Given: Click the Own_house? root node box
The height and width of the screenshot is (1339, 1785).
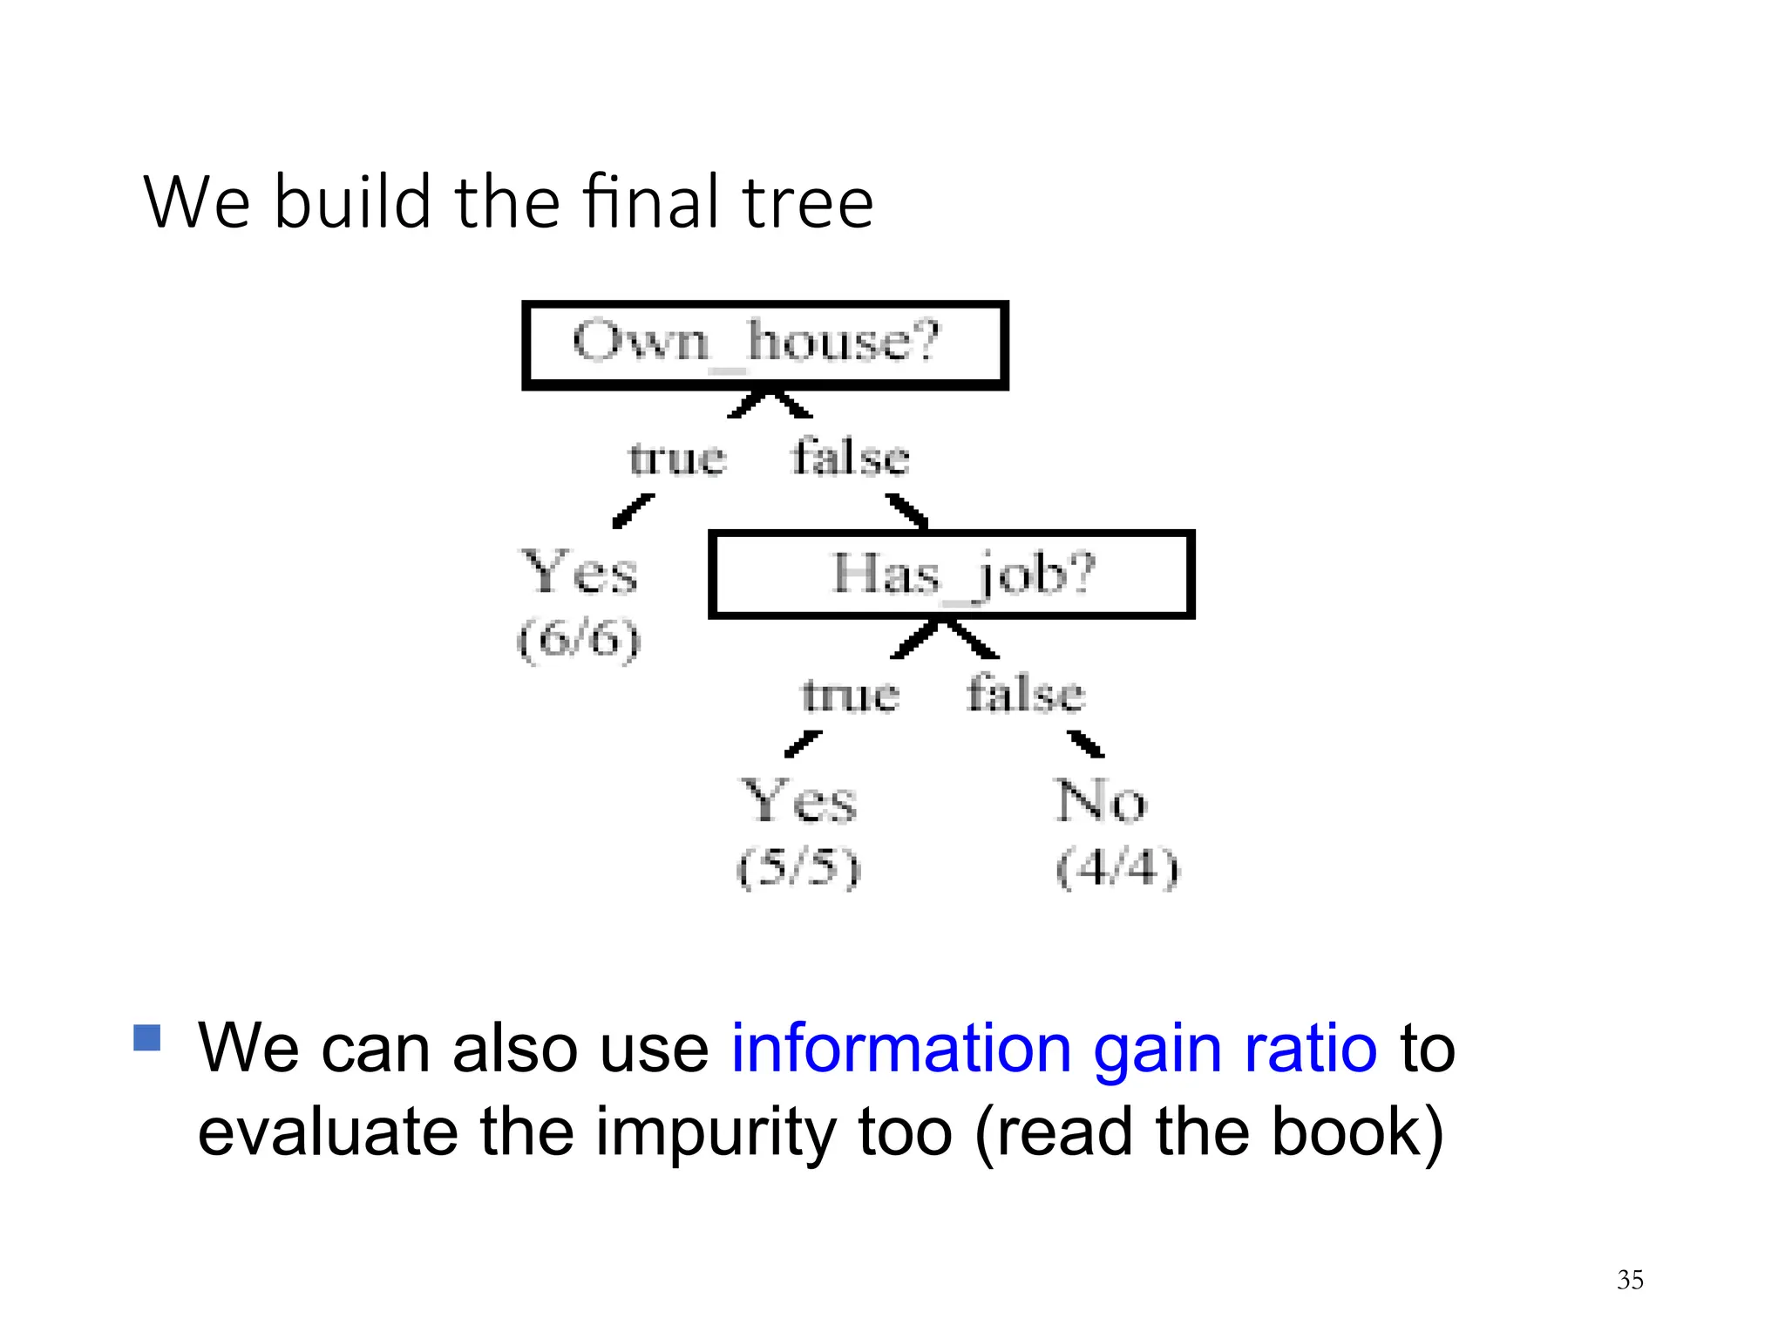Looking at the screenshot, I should point(764,345).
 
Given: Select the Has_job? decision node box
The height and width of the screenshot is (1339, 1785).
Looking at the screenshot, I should point(951,574).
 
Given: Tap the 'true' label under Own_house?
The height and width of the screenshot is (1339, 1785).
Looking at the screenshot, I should point(677,459).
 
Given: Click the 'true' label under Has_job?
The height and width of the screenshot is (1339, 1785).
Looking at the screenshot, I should point(850,696).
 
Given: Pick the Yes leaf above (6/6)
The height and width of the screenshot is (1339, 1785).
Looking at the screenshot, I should point(580,574).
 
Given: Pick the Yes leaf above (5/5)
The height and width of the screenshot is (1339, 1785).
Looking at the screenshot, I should point(798,801).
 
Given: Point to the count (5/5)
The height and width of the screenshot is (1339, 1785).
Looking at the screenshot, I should point(798,867).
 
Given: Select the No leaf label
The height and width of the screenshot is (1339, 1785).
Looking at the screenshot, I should point(1101,801).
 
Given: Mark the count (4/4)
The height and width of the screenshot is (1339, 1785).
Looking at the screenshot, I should point(1116,867).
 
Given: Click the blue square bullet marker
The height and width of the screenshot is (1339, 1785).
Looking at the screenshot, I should point(147,1037).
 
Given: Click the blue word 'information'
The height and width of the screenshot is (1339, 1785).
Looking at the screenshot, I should point(900,1048).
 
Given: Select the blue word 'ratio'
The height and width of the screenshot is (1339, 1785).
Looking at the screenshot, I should point(1310,1048).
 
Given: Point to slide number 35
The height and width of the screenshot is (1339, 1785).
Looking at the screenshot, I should point(1629,1280).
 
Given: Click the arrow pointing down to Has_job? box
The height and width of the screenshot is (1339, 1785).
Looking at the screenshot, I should point(907,512).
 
